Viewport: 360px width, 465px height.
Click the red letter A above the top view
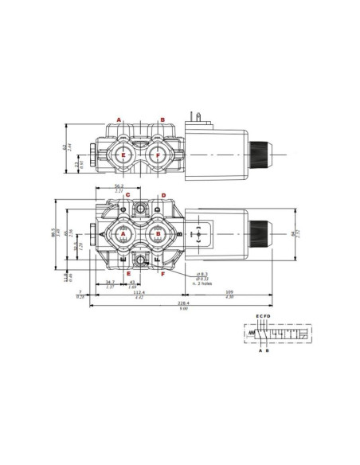point(119,119)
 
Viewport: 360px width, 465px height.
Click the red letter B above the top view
point(162,119)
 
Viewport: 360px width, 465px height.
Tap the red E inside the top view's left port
point(123,155)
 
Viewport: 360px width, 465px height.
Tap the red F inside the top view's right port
point(158,155)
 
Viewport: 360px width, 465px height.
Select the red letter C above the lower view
point(127,195)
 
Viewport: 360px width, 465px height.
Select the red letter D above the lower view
point(163,195)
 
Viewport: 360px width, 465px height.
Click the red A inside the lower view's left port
point(123,233)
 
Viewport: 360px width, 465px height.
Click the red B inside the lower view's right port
point(158,233)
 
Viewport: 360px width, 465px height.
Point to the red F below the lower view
point(162,274)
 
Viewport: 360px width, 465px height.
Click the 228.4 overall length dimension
point(183,303)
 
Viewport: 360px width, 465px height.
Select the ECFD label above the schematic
point(264,317)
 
